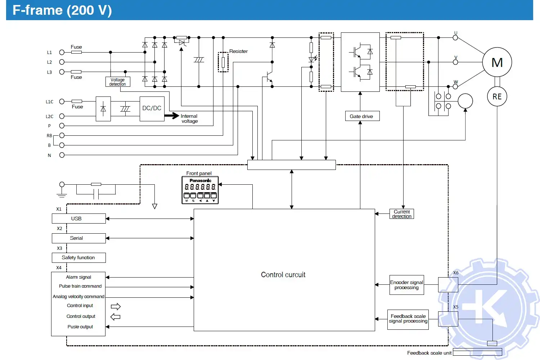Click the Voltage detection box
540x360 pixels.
[x=118, y=82]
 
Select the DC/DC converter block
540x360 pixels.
[x=152, y=108]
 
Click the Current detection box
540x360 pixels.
[x=402, y=214]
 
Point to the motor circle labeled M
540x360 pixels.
[x=497, y=62]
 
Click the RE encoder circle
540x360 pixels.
[x=497, y=96]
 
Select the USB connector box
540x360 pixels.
[x=78, y=219]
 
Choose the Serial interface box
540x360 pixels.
[x=78, y=238]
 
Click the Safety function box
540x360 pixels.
[x=78, y=258]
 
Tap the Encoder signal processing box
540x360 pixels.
[x=406, y=285]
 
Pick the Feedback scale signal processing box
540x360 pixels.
[x=408, y=319]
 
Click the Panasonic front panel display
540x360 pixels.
[x=200, y=190]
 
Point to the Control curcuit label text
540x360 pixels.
[x=283, y=275]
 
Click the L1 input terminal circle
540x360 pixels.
[x=62, y=53]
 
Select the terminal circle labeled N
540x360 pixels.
[x=62, y=155]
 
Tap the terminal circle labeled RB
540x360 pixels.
[x=62, y=136]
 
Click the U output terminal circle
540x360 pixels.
[x=455, y=38]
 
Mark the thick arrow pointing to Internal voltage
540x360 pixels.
[x=172, y=116]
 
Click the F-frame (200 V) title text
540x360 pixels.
[x=62, y=10]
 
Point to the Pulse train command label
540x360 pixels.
[x=80, y=286]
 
